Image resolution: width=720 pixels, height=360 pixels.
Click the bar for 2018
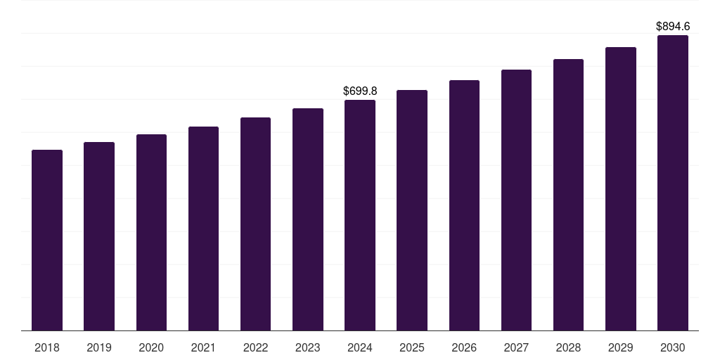[x=47, y=240]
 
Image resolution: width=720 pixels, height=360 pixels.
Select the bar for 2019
[x=99, y=236]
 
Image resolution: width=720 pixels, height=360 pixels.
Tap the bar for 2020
[x=151, y=232]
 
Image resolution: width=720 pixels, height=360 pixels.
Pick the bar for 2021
[x=203, y=229]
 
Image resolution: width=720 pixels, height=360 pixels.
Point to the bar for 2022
[x=255, y=224]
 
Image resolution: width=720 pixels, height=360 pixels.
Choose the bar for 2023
[x=308, y=219]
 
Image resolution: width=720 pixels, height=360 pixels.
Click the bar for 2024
[x=360, y=215]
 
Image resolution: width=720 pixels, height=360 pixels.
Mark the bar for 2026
[x=464, y=205]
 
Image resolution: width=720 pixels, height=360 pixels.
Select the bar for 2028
[x=568, y=195]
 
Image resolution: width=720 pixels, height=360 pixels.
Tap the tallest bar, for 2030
[x=673, y=183]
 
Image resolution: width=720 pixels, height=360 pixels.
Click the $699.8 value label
[x=360, y=91]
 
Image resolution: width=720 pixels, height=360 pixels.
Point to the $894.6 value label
[x=673, y=26]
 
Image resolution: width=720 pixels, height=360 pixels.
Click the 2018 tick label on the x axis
[x=47, y=347]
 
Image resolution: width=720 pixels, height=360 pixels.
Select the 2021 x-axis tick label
[x=203, y=347]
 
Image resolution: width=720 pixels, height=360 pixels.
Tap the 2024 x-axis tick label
[x=360, y=347]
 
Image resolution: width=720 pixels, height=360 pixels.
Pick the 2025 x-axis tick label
[x=412, y=347]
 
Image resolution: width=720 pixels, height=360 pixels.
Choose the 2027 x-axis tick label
[x=516, y=347]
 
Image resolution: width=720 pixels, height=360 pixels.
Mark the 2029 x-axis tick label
[x=620, y=347]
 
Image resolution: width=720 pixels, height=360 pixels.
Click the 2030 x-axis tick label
[x=673, y=347]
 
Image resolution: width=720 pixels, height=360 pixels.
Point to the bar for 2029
[x=621, y=188]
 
